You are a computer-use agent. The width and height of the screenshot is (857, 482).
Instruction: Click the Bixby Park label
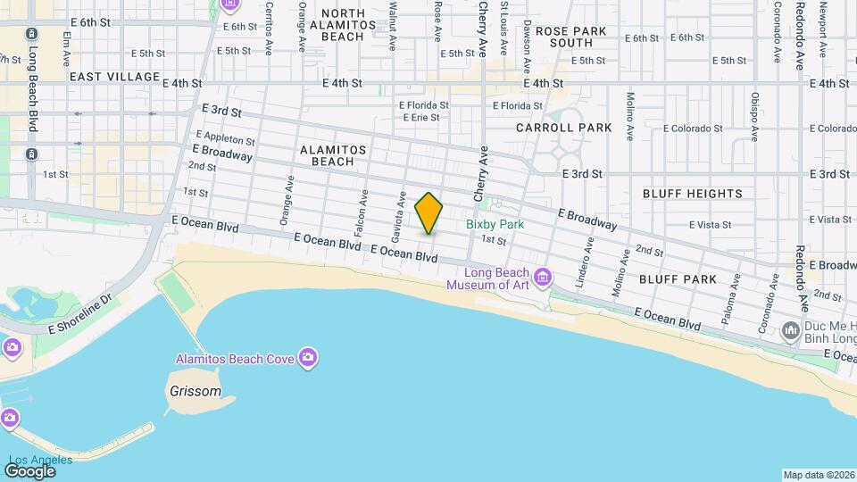pos(495,225)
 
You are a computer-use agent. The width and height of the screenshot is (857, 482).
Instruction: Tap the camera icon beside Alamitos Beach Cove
pos(308,358)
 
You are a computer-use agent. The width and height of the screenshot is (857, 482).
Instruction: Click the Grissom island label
pos(195,391)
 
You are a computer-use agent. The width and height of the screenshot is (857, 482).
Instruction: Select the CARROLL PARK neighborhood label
pos(564,128)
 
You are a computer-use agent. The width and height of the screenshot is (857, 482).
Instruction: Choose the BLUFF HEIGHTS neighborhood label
pos(692,194)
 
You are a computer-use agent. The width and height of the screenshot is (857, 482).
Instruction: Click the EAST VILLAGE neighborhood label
pos(114,78)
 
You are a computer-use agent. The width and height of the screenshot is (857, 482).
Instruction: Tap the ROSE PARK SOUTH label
pos(571,37)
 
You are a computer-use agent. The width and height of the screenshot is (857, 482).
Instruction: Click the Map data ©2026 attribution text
pos(818,475)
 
